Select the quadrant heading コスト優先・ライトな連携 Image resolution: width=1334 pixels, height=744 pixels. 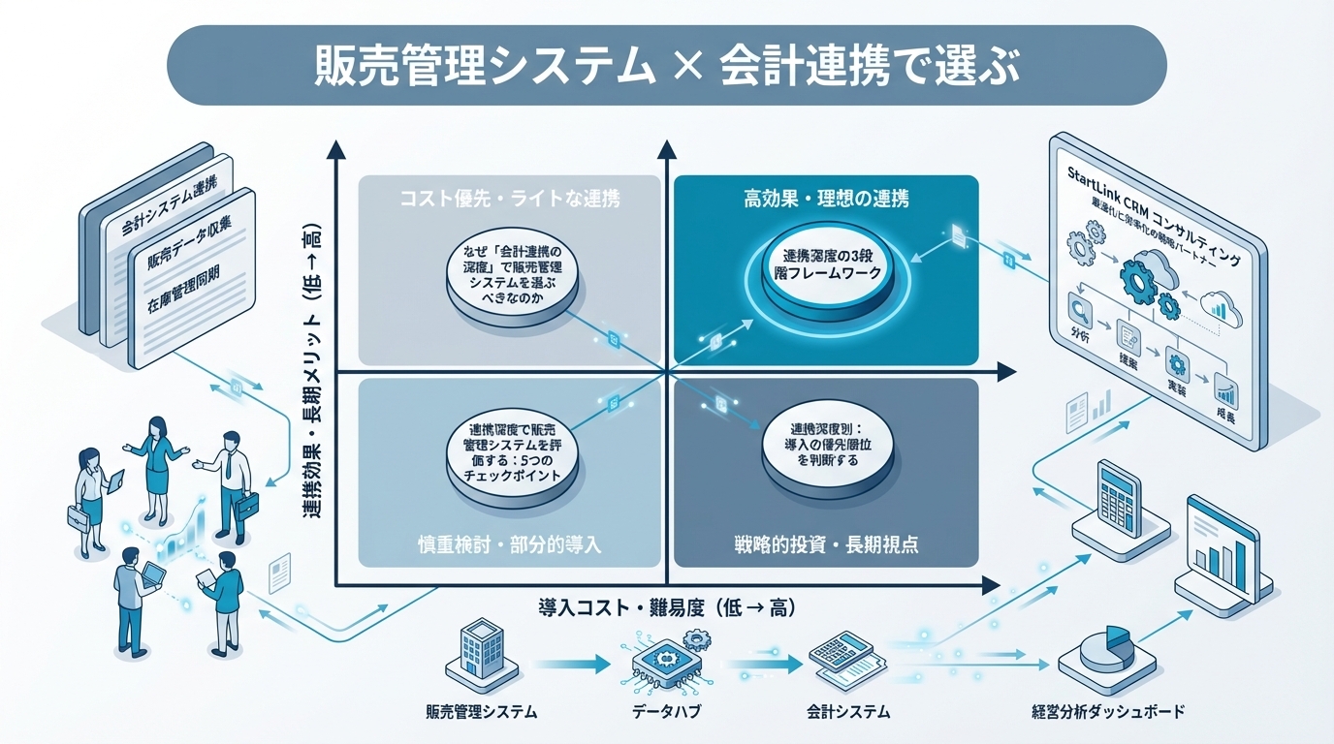pos(510,201)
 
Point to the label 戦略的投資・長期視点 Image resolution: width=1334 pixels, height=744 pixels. pos(826,543)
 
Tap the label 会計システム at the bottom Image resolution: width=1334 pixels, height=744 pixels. pos(848,713)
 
